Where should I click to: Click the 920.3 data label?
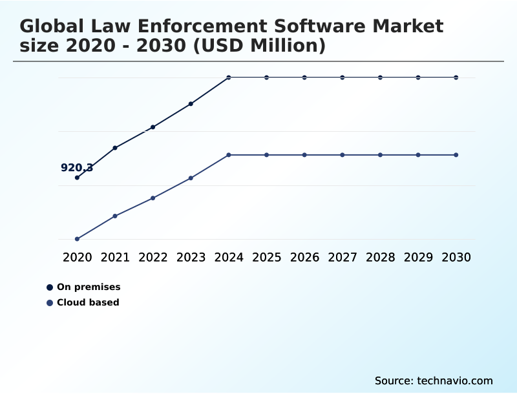point(77,168)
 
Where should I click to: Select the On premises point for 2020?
point(77,178)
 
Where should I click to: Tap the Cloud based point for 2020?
point(77,239)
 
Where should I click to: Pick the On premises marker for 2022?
point(153,127)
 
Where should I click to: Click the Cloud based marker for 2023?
point(191,178)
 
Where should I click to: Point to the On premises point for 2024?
point(229,78)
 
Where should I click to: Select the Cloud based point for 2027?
point(343,155)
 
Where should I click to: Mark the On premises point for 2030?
point(456,78)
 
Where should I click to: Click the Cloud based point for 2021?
point(115,216)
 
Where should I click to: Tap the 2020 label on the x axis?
point(77,258)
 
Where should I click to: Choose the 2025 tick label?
point(266,258)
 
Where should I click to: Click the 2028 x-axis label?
point(380,258)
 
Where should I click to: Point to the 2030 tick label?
point(456,258)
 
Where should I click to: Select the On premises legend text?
point(89,287)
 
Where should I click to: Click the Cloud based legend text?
point(88,302)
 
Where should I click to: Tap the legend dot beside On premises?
point(50,287)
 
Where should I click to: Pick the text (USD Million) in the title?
point(258,46)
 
